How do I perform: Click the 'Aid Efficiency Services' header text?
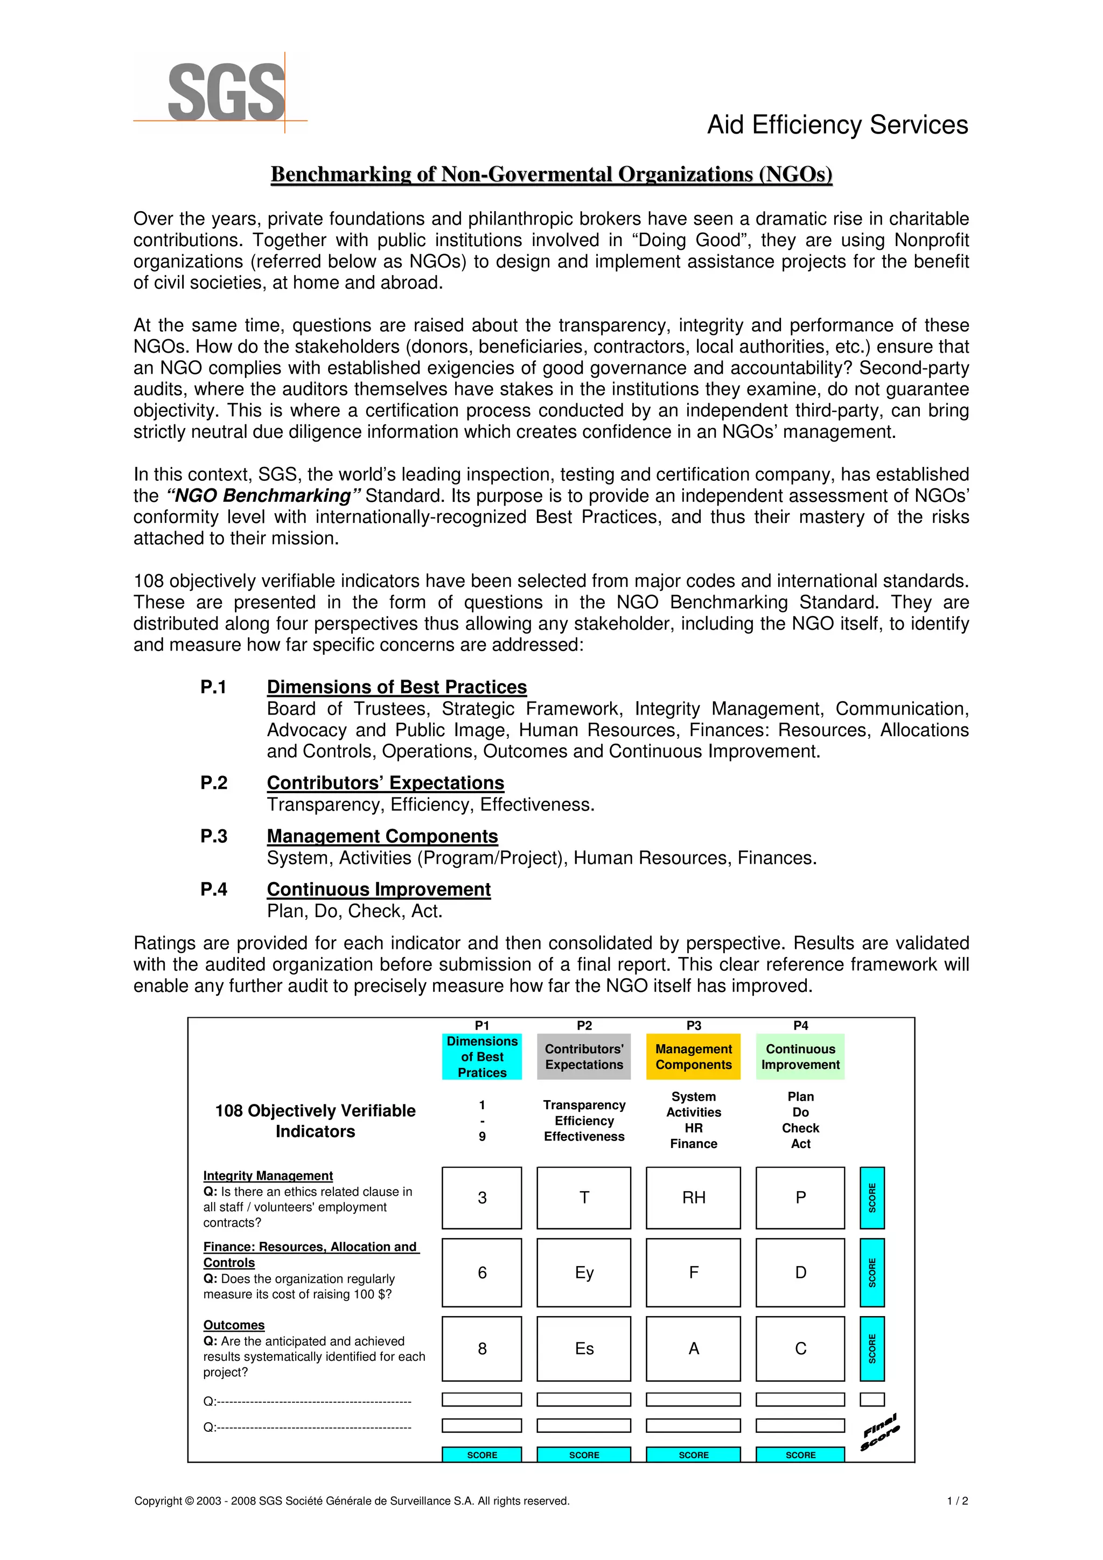(x=837, y=125)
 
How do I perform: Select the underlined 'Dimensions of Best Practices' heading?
(x=396, y=687)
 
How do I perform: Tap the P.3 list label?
(x=213, y=836)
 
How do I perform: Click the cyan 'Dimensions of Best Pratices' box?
(x=482, y=1057)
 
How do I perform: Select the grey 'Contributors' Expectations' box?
(x=584, y=1057)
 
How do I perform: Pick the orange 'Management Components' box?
(x=693, y=1057)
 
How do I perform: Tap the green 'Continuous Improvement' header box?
(x=800, y=1057)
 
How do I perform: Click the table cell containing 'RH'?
(x=693, y=1198)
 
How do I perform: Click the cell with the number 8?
(x=482, y=1349)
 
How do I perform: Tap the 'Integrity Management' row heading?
(x=268, y=1176)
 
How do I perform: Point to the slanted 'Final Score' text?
(x=880, y=1432)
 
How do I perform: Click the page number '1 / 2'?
(x=957, y=1501)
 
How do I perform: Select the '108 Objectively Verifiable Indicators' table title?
(x=316, y=1121)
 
